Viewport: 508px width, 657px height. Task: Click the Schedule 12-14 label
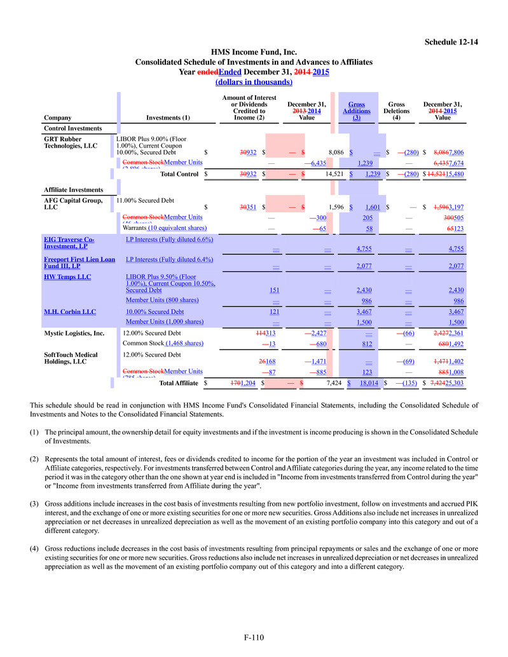coord(451,42)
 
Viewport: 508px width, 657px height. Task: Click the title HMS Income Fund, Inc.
coord(254,52)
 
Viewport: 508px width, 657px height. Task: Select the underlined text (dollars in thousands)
coord(254,82)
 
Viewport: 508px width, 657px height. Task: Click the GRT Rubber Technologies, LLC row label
coord(70,142)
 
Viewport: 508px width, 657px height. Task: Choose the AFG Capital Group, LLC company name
coord(72,204)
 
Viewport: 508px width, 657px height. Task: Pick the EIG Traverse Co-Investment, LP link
coord(69,242)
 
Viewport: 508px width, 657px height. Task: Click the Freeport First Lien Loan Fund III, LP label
coord(79,262)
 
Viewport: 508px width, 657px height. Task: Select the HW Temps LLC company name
coord(67,277)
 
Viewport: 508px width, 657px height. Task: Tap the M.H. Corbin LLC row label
coord(69,312)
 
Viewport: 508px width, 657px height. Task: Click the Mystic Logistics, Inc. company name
coord(74,333)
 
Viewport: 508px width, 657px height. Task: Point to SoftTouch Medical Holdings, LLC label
coord(70,358)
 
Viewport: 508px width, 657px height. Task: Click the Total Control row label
coord(180,173)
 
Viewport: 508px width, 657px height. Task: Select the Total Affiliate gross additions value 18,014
coord(369,383)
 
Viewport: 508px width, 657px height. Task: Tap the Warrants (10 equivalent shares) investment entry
coord(164,227)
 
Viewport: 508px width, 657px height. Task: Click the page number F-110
coord(254,637)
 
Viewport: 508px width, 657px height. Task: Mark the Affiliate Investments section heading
coord(73,190)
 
